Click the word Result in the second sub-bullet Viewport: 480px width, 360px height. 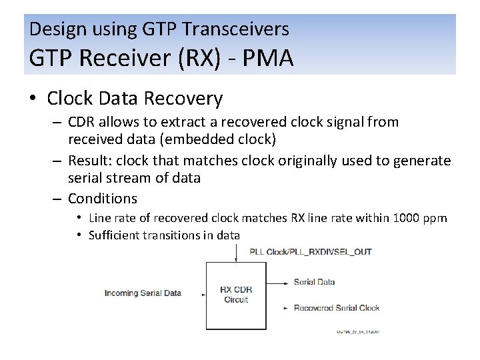click(x=87, y=161)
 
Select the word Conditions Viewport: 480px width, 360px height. click(x=102, y=198)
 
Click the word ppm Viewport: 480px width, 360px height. click(x=436, y=219)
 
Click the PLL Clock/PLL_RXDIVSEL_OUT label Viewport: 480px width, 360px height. click(x=310, y=252)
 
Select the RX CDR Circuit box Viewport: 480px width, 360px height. click(x=235, y=295)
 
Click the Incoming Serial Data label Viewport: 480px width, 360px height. click(x=143, y=293)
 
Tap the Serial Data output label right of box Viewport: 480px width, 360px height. click(x=314, y=282)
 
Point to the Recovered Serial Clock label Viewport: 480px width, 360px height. click(x=336, y=308)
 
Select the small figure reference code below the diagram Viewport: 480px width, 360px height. click(x=357, y=331)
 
